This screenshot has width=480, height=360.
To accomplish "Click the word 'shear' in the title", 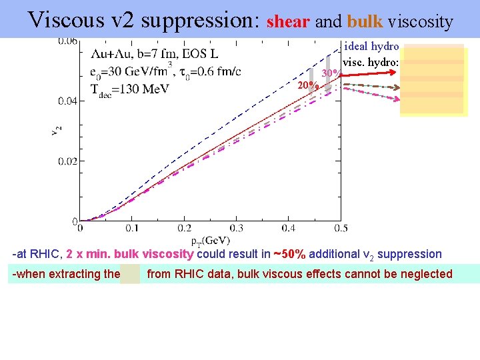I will [x=288, y=22].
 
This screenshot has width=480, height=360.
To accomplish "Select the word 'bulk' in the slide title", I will [x=365, y=22].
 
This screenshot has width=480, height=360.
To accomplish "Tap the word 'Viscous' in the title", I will [x=66, y=20].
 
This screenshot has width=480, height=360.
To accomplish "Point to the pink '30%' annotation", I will [x=331, y=73].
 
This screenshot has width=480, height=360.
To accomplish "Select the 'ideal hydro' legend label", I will [x=371, y=47].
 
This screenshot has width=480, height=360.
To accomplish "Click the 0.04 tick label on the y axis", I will [x=65, y=101].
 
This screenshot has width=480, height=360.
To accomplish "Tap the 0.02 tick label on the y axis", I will [x=65, y=161].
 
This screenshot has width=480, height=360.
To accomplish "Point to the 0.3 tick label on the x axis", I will [x=237, y=229].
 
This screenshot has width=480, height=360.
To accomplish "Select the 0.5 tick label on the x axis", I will [x=340, y=229].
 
